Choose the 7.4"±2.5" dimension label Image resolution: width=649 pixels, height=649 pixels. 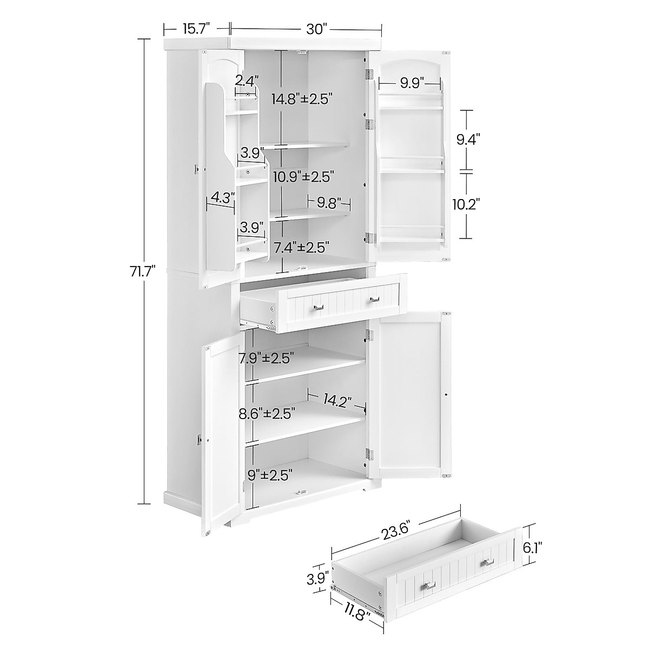301,248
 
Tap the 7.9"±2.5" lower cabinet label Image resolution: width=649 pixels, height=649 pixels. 274,358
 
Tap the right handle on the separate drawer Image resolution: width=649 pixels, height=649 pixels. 489,563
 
